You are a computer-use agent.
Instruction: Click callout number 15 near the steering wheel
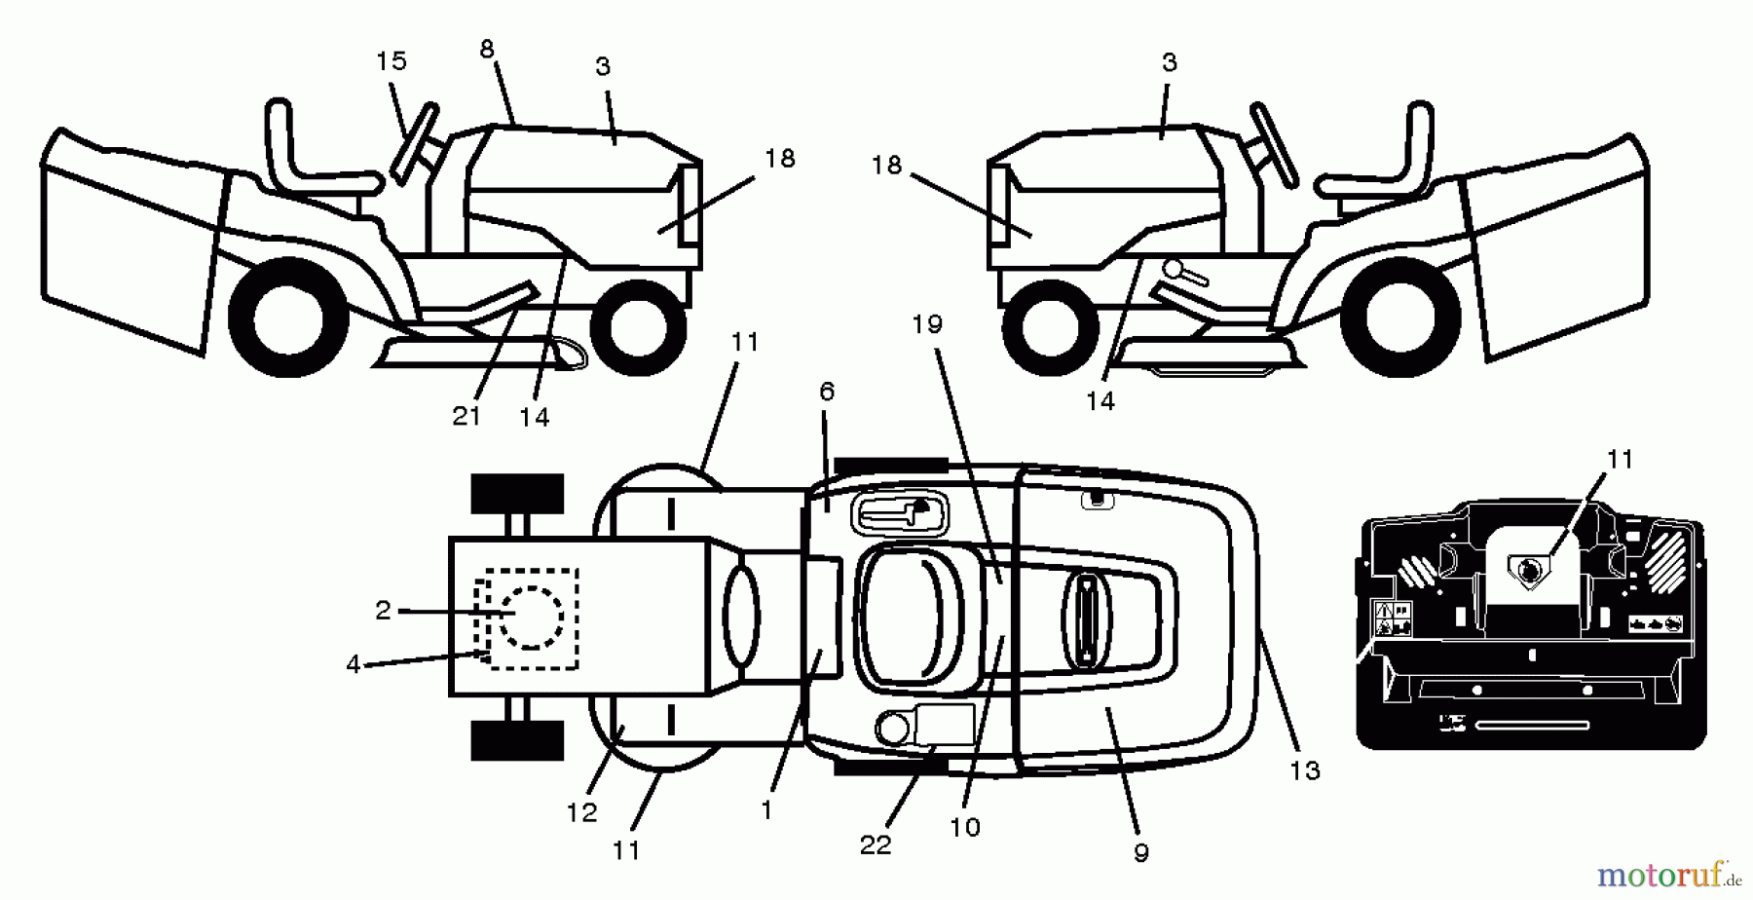click(x=391, y=61)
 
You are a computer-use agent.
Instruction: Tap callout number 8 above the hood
click(x=487, y=50)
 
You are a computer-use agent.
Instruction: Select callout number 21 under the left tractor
click(x=466, y=416)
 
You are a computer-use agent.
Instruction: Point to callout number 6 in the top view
click(x=827, y=392)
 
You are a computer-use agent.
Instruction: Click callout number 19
click(x=927, y=324)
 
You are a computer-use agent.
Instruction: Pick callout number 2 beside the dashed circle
click(x=383, y=611)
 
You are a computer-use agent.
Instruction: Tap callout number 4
click(x=353, y=664)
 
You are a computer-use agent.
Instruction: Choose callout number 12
click(x=581, y=812)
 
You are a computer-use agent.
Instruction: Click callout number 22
click(x=876, y=845)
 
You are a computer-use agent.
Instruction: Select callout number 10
click(x=964, y=828)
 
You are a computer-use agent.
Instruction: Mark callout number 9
click(x=1141, y=853)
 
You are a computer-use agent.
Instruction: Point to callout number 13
click(x=1305, y=771)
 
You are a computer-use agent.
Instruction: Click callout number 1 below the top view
click(x=766, y=810)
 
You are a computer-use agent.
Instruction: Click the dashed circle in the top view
click(x=531, y=618)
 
